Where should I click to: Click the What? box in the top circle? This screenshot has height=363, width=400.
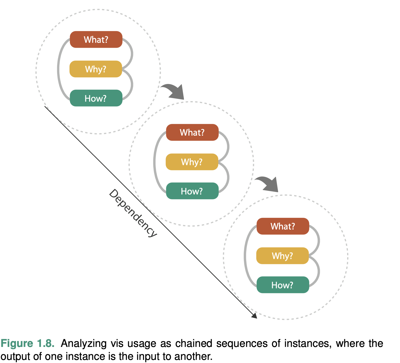click(96, 39)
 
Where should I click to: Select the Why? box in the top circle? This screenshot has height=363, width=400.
click(96, 69)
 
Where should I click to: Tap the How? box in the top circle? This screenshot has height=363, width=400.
click(96, 98)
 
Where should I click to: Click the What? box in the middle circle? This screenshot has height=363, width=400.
click(192, 132)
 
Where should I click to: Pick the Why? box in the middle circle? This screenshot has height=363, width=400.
click(192, 162)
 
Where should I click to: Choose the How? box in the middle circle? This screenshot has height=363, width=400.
click(192, 191)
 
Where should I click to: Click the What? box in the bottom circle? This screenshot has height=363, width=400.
click(283, 226)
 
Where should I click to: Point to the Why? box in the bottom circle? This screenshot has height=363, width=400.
click(282, 256)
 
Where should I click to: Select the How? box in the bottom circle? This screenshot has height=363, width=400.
click(283, 285)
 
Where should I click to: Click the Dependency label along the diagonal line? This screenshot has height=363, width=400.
click(133, 213)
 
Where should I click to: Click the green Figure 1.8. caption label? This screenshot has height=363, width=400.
click(27, 343)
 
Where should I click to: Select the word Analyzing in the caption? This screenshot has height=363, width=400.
click(84, 343)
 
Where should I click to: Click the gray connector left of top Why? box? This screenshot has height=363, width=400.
click(59, 69)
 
